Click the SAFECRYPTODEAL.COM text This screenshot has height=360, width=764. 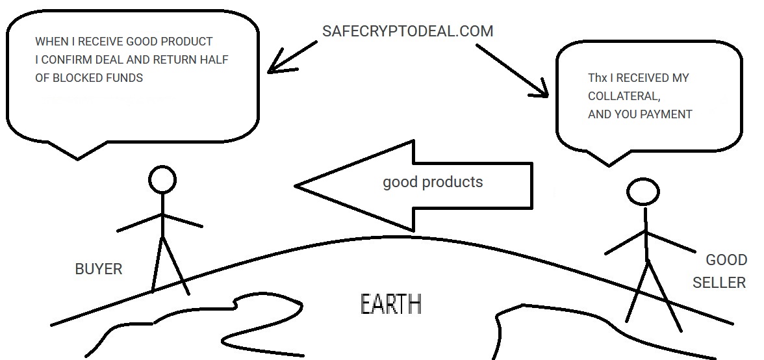click(x=407, y=31)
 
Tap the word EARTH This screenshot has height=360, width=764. click(x=390, y=304)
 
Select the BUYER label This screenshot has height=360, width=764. click(x=99, y=268)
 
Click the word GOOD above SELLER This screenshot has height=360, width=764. click(x=726, y=261)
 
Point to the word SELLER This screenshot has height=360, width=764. click(x=719, y=283)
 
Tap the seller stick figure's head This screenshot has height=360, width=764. click(x=643, y=192)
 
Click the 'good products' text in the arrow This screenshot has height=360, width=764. click(x=433, y=181)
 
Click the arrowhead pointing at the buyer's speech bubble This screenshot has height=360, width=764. click(x=272, y=68)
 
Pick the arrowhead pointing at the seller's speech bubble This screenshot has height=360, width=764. click(x=546, y=95)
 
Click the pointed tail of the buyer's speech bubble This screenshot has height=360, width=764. click(x=78, y=158)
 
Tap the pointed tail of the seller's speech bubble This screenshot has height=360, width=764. click(x=608, y=164)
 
